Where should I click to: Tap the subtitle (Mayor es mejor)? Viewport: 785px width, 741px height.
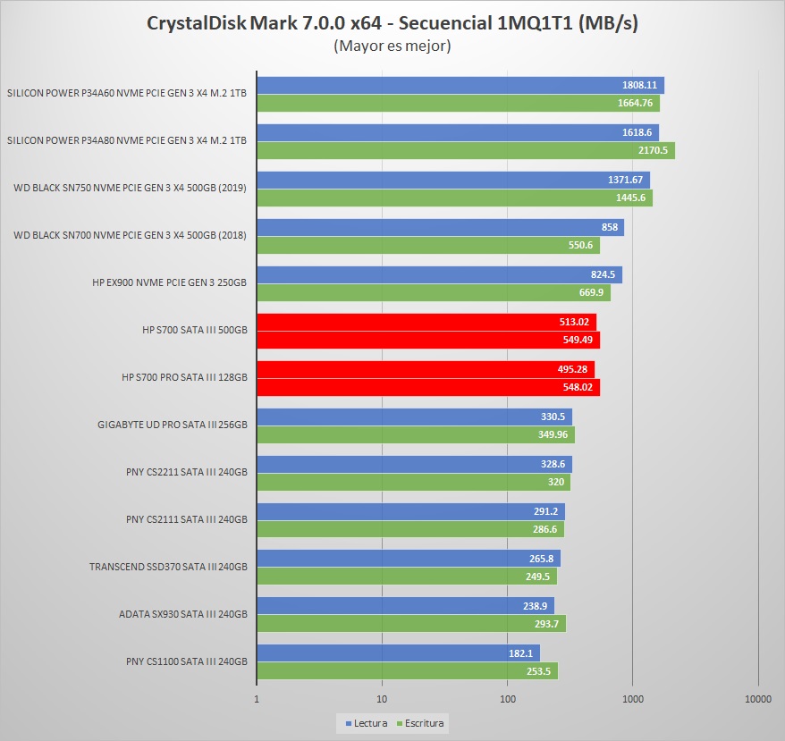coord(392,46)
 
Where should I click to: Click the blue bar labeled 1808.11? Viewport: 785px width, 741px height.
coord(447,86)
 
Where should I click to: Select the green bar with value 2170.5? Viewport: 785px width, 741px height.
coord(447,150)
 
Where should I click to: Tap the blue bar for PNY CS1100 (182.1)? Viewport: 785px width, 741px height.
coord(384,653)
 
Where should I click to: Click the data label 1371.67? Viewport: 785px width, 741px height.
coord(626,180)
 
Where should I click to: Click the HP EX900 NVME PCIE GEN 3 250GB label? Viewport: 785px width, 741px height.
coord(169,282)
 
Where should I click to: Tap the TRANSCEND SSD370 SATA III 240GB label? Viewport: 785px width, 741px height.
coord(168,567)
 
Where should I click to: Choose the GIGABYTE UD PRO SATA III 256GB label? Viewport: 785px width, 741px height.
coord(172,425)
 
